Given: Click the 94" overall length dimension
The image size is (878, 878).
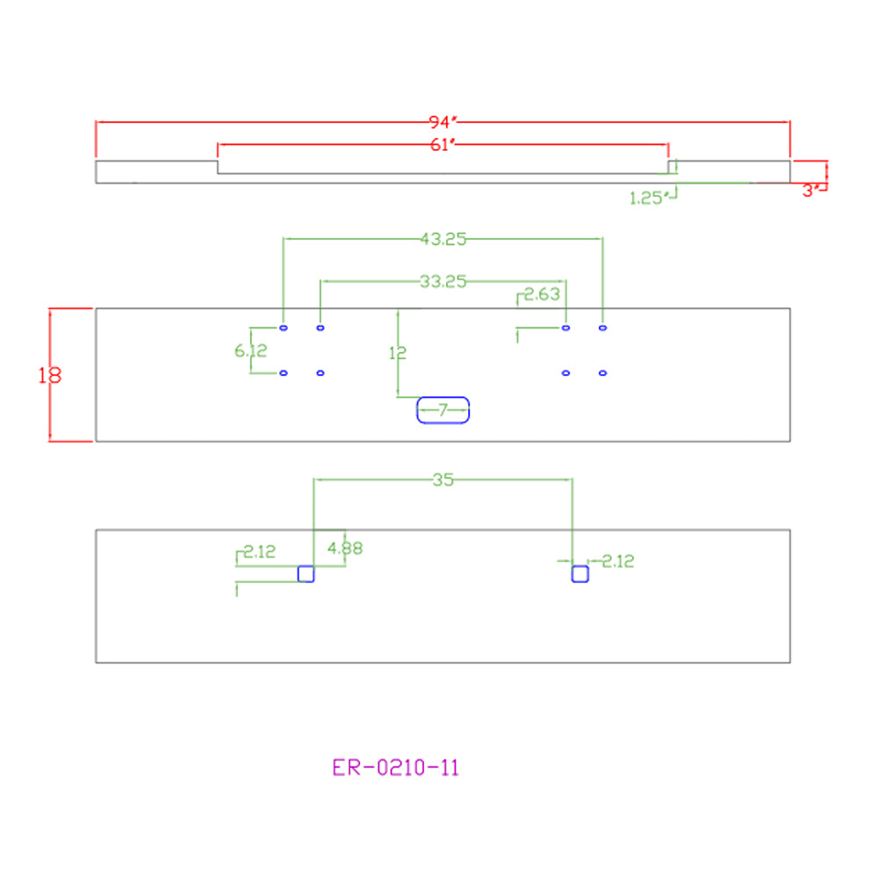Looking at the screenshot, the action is (x=443, y=121).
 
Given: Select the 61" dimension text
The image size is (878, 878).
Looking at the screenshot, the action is (x=443, y=145).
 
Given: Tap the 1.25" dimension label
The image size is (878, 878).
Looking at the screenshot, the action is (x=649, y=198).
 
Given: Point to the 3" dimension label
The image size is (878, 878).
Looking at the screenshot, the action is (x=810, y=191).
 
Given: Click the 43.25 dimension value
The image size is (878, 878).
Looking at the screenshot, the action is (x=443, y=239).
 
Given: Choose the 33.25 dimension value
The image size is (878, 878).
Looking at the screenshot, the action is (x=443, y=281).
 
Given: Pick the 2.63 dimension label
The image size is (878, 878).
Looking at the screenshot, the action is (x=542, y=294).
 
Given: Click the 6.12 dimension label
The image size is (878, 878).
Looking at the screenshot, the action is (x=251, y=350).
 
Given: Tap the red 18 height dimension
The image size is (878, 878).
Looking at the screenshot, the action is (x=50, y=375).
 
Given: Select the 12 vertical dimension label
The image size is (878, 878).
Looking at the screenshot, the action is (x=398, y=353).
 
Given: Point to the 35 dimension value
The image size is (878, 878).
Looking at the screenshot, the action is (x=443, y=480).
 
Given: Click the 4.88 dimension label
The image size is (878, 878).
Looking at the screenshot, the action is (x=345, y=548).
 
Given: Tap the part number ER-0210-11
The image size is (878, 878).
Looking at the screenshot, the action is (x=395, y=767).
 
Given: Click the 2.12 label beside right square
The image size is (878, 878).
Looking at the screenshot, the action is (x=618, y=561).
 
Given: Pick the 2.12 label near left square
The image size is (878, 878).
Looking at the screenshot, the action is (x=260, y=551).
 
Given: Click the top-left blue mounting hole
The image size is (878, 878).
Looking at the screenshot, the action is (x=284, y=327).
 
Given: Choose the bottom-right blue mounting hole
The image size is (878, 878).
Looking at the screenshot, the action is (x=602, y=373).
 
